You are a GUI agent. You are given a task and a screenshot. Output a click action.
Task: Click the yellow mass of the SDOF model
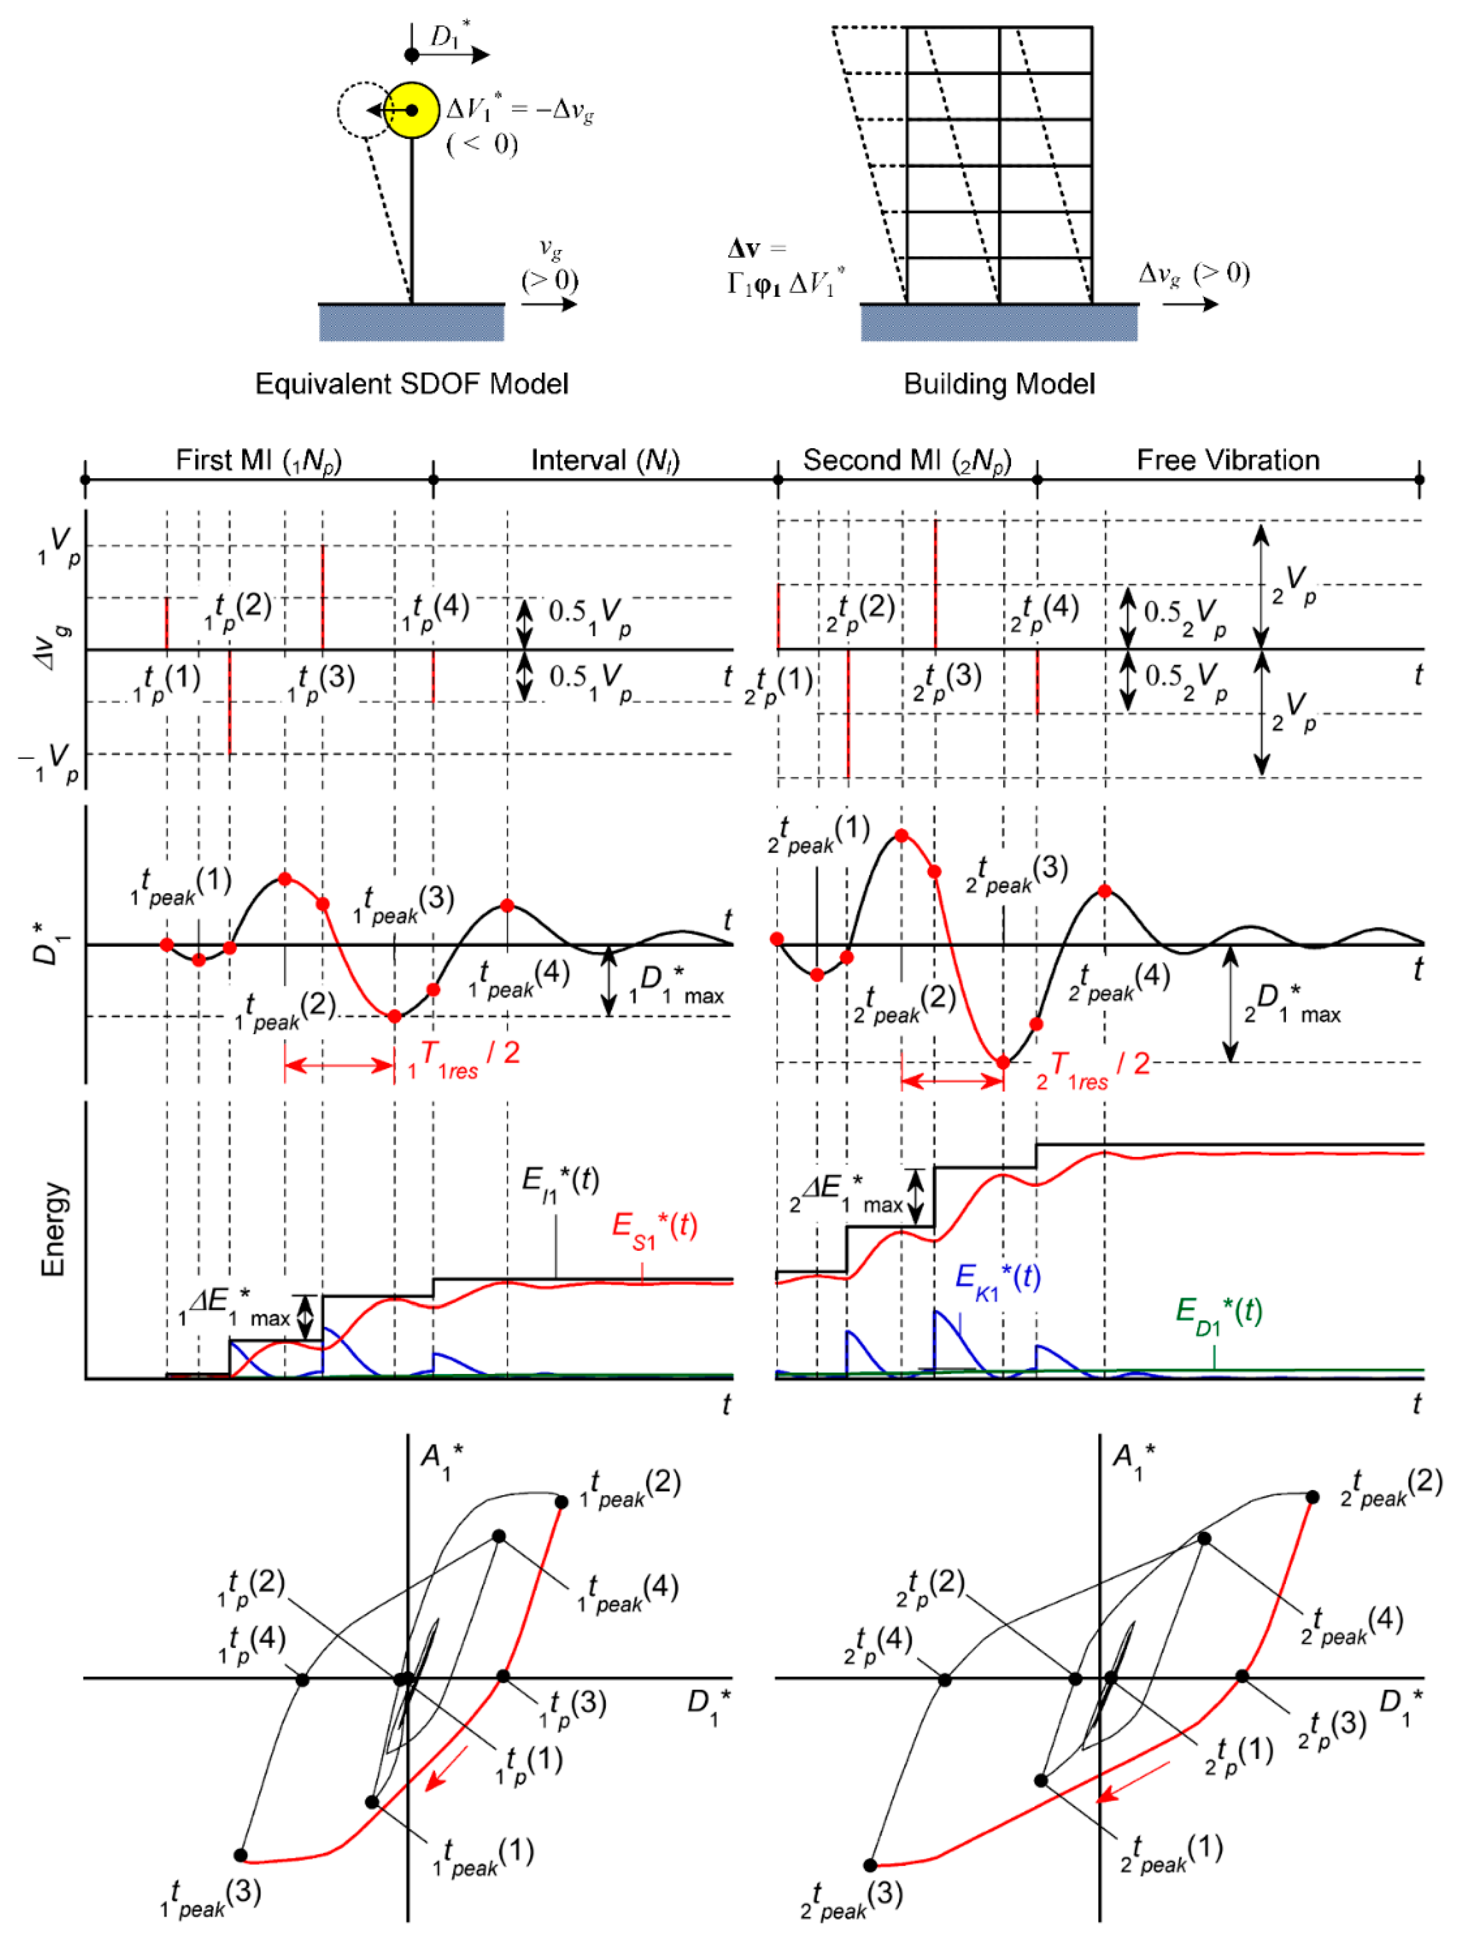click(x=412, y=110)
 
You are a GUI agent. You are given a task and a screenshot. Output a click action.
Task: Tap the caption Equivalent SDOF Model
click(x=412, y=384)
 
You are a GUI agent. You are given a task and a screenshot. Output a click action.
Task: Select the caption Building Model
click(x=999, y=384)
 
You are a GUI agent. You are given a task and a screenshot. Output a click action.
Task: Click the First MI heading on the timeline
click(x=258, y=460)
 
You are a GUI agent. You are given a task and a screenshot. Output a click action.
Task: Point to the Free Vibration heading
click(x=1228, y=460)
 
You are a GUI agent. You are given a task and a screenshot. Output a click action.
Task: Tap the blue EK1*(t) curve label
click(x=998, y=1278)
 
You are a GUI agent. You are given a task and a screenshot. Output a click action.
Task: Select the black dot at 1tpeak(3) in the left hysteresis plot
click(x=240, y=1855)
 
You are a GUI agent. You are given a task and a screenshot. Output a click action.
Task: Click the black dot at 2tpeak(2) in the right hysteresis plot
click(x=1312, y=1497)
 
